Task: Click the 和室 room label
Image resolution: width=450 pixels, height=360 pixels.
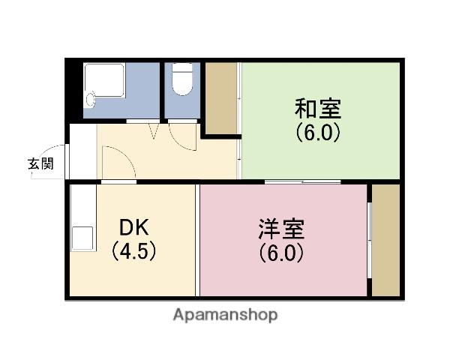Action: point(318,109)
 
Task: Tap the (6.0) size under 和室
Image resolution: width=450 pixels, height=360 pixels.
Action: point(318,133)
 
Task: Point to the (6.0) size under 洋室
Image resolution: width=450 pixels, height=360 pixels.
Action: point(282,253)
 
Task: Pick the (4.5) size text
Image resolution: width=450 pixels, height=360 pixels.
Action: point(134,252)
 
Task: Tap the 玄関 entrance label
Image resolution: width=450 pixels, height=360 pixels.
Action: point(40,165)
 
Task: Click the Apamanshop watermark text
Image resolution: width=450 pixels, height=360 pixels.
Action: point(225,315)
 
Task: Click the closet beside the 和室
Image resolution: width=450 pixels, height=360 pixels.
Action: point(220,98)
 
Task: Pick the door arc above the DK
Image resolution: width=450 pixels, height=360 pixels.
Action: point(118,163)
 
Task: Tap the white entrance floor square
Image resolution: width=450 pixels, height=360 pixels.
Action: point(82,151)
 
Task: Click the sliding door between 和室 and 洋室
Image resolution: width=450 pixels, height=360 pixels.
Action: point(303,181)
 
